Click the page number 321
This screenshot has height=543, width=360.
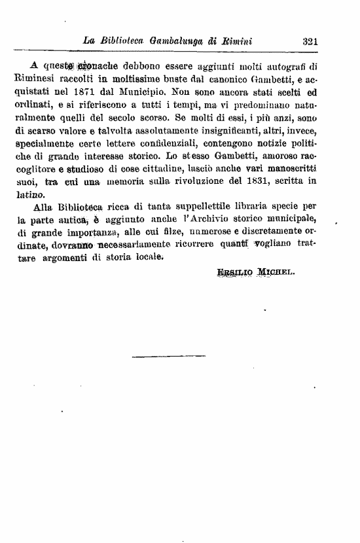[x=310, y=41]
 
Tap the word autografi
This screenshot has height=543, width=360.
[x=293, y=66]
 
